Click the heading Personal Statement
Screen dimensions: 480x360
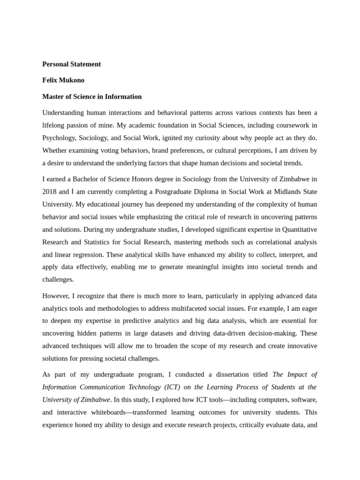(71, 64)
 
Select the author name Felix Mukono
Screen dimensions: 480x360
(63, 80)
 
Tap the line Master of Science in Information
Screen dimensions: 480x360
(92, 97)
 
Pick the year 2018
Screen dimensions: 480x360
(49, 192)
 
